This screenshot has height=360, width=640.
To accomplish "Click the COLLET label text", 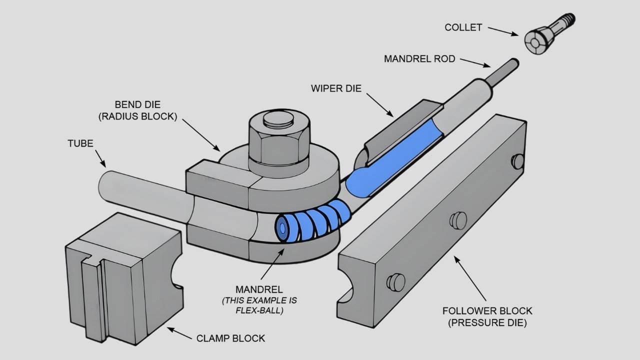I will pos(463,27).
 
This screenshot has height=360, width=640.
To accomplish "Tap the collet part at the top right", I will pos(543,37).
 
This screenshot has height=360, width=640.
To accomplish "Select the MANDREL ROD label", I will pos(419,59).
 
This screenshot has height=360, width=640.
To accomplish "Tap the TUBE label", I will pos(80,143).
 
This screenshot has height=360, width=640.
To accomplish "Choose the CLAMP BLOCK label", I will pos(231,338).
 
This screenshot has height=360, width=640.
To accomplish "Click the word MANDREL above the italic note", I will pos(259,289).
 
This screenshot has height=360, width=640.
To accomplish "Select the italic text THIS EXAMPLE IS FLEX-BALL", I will pos(259,306).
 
